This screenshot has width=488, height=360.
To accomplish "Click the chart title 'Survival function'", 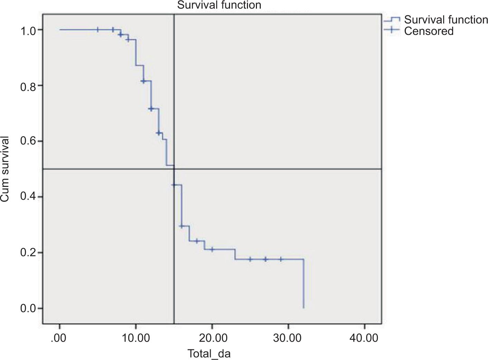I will click(219, 5).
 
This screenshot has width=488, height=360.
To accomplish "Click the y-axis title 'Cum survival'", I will click(5, 169).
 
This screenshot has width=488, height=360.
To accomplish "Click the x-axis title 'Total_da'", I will click(209, 354).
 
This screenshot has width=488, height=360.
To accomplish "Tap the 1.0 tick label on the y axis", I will click(28, 30).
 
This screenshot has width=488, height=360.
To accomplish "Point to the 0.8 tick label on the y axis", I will click(28, 86).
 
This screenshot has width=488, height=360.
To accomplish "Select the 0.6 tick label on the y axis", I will click(28, 142).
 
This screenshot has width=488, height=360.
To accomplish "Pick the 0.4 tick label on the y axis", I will click(28, 197).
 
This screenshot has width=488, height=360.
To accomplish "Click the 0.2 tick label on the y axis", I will click(28, 253).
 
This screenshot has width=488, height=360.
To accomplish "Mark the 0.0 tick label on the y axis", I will click(28, 309).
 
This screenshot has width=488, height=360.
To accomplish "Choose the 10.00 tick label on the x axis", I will click(136, 338).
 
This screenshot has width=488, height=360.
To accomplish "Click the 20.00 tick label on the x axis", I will click(212, 338).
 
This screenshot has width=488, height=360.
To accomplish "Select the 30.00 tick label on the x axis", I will click(288, 338).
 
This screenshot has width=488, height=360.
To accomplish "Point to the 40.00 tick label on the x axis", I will click(364, 338).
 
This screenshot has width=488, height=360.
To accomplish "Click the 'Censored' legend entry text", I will click(429, 31).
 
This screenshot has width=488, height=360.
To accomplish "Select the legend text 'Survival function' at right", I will click(446, 20).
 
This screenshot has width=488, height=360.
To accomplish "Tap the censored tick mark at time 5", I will click(98, 30).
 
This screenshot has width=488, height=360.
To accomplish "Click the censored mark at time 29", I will click(281, 259).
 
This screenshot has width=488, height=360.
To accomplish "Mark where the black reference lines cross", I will click(174, 169).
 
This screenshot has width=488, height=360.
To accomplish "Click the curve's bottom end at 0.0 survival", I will click(304, 307).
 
